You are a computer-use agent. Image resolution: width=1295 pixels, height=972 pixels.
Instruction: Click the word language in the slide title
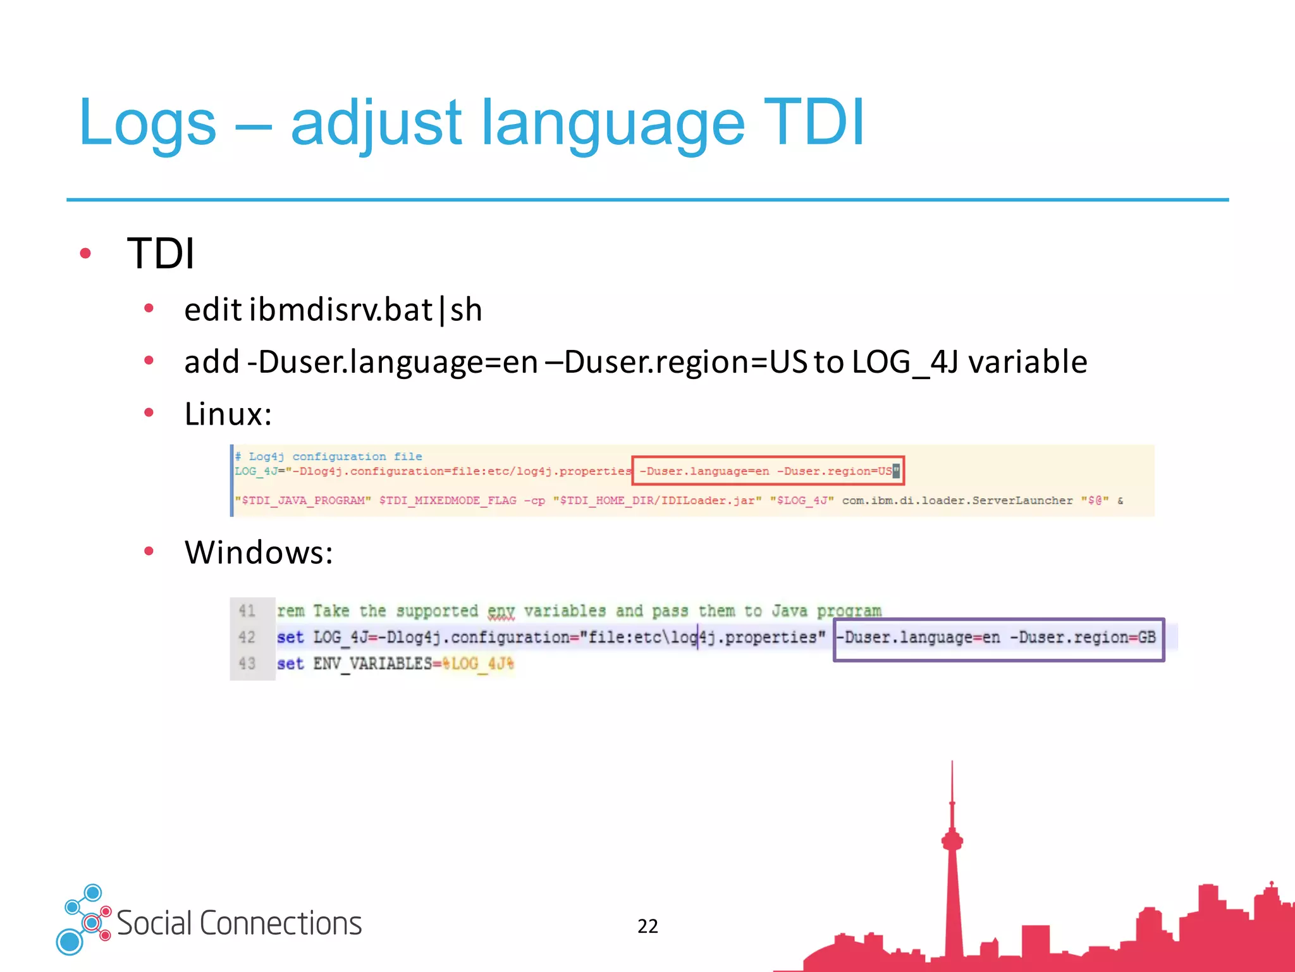pos(612,123)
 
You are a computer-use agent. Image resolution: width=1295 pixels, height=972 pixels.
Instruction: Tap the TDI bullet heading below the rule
pos(161,254)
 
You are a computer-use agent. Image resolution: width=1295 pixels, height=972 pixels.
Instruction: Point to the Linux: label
pos(228,414)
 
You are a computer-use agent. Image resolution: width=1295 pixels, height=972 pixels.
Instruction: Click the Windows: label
pos(258,552)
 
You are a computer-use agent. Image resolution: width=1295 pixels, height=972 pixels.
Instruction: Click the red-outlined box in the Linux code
pos(768,471)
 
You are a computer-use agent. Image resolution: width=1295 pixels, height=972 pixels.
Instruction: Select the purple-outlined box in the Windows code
pos(998,639)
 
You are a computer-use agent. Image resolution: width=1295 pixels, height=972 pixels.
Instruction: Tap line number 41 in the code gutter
pos(247,611)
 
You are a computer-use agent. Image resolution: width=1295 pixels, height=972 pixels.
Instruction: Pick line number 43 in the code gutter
pos(247,664)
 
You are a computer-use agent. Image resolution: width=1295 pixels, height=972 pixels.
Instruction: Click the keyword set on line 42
pos(290,637)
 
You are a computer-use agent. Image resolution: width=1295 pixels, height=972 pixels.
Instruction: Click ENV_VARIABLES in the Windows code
pos(372,664)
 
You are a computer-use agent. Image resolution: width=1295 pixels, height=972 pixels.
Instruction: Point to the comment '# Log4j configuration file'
pos(328,456)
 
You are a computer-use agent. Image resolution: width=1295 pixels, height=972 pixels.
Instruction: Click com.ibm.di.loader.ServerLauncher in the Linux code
pos(957,501)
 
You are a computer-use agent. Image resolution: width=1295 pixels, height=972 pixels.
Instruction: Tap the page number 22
pos(647,926)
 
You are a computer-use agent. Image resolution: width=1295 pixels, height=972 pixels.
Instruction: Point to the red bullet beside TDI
pos(85,254)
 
